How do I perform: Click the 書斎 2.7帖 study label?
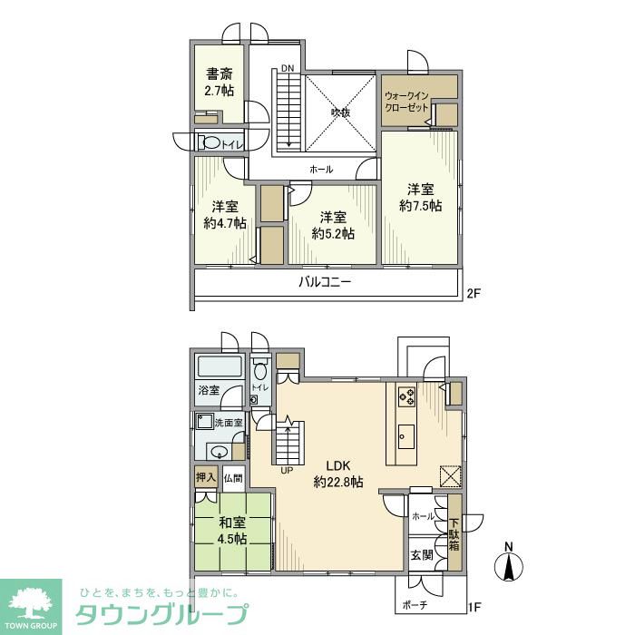click(219, 83)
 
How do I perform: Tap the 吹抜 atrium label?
click(340, 113)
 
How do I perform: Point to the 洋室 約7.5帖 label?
click(420, 198)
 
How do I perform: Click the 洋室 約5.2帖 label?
click(333, 224)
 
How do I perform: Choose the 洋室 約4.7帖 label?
click(225, 214)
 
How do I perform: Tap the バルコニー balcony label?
click(325, 282)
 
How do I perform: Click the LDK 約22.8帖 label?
click(337, 474)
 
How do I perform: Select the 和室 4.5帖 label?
click(232, 530)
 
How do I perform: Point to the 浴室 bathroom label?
click(209, 391)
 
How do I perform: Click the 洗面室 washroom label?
click(228, 423)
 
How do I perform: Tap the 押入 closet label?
click(205, 476)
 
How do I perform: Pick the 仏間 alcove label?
click(233, 477)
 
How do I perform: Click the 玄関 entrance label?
click(421, 555)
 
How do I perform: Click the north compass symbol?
click(509, 564)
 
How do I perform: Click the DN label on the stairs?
click(287, 69)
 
